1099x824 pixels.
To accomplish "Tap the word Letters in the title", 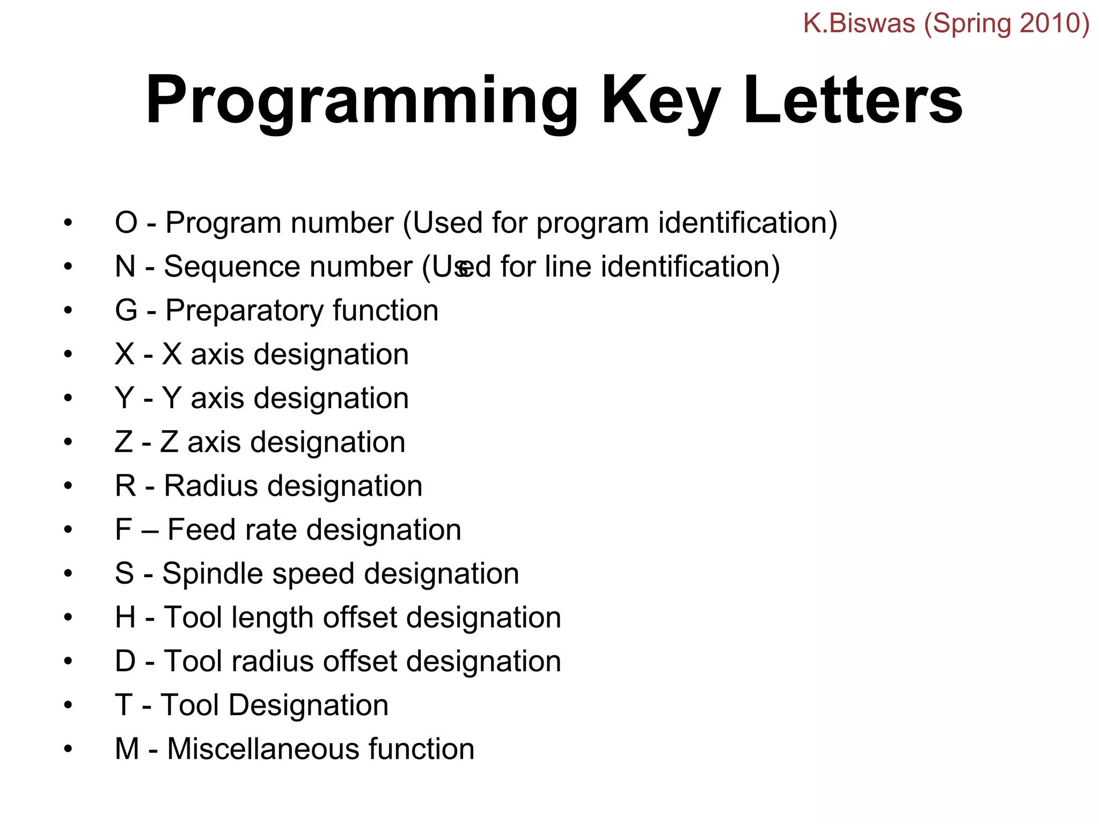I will (x=853, y=101).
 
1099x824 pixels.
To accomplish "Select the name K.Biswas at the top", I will (x=859, y=24).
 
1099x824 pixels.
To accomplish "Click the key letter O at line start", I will (x=126, y=223).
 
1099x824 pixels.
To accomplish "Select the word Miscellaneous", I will (x=263, y=749).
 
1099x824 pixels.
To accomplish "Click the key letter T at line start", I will (x=123, y=705).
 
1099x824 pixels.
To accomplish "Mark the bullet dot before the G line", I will (x=68, y=311).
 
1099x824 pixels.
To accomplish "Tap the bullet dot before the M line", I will (x=68, y=749).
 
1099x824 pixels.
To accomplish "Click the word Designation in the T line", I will (x=308, y=705).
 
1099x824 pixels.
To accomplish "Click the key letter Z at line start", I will (x=123, y=443).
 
